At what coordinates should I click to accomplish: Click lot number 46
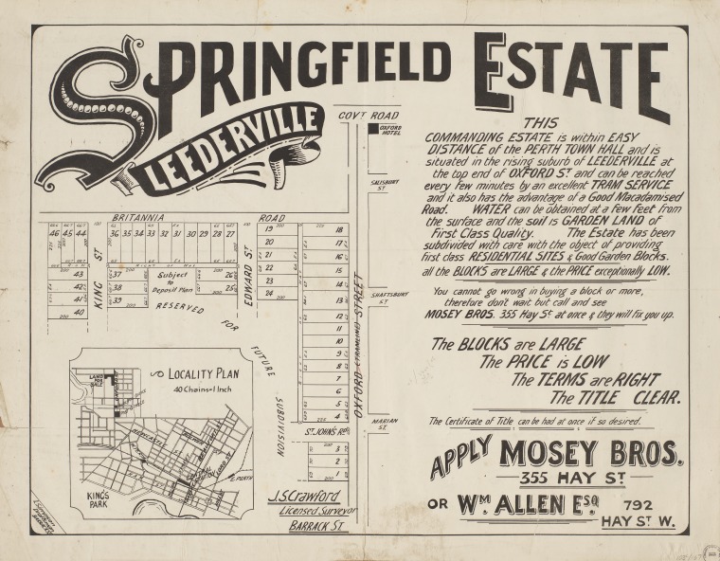pyautogui.click(x=54, y=233)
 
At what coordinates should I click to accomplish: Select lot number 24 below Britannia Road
pyautogui.click(x=269, y=294)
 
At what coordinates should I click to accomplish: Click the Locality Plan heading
pyautogui.click(x=201, y=372)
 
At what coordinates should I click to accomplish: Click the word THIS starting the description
pyautogui.click(x=541, y=122)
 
